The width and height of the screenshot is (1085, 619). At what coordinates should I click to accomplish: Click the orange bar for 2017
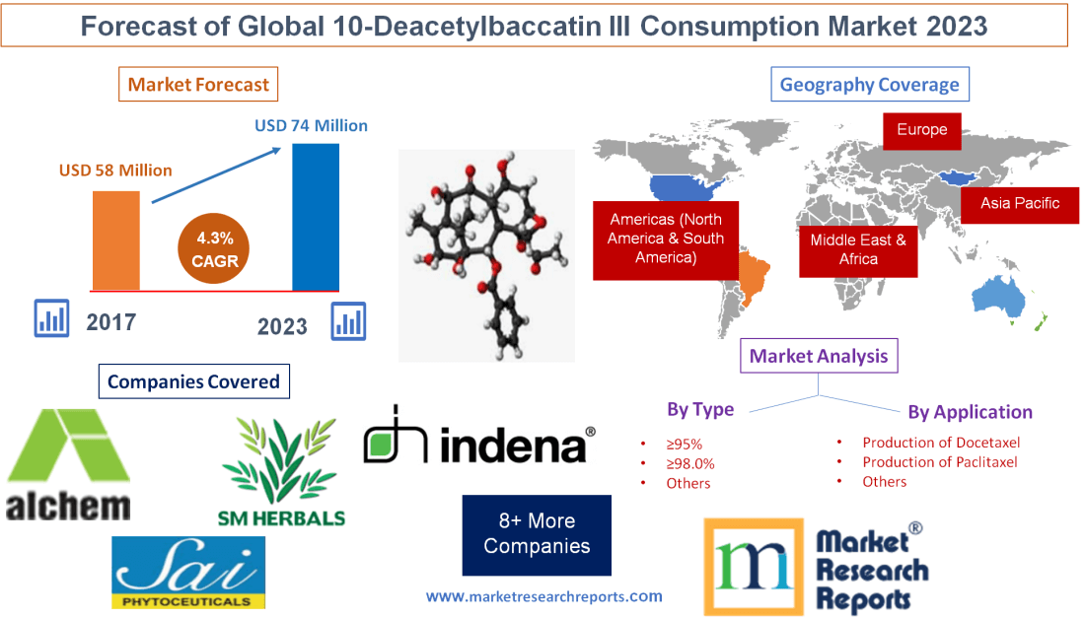point(115,240)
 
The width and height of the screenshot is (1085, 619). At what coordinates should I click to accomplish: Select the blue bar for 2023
point(316,217)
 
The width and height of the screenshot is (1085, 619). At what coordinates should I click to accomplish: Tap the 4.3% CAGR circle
point(215,249)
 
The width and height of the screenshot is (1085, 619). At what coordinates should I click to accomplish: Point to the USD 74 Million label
point(311,125)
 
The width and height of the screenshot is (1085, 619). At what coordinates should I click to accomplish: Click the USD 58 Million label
point(115,171)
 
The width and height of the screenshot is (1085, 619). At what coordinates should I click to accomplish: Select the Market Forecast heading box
point(198,84)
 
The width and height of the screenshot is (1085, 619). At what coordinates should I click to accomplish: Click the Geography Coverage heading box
point(869,84)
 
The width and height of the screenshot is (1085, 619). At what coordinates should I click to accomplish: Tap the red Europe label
point(921,129)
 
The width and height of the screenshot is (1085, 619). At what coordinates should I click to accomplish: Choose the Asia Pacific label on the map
point(1020,203)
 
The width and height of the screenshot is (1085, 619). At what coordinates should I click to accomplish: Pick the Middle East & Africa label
point(858,248)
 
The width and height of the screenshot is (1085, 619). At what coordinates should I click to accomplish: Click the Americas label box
point(666,239)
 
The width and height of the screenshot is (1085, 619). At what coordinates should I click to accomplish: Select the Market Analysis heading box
point(819,356)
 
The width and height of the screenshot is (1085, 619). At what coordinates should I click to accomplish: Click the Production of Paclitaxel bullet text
point(939,461)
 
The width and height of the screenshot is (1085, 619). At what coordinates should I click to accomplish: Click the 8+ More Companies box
point(537,533)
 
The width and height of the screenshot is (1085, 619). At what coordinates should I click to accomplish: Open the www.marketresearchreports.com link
point(543,596)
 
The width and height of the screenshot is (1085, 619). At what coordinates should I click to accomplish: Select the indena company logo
point(479,437)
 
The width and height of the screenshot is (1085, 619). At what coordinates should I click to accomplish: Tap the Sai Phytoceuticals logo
point(187,572)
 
